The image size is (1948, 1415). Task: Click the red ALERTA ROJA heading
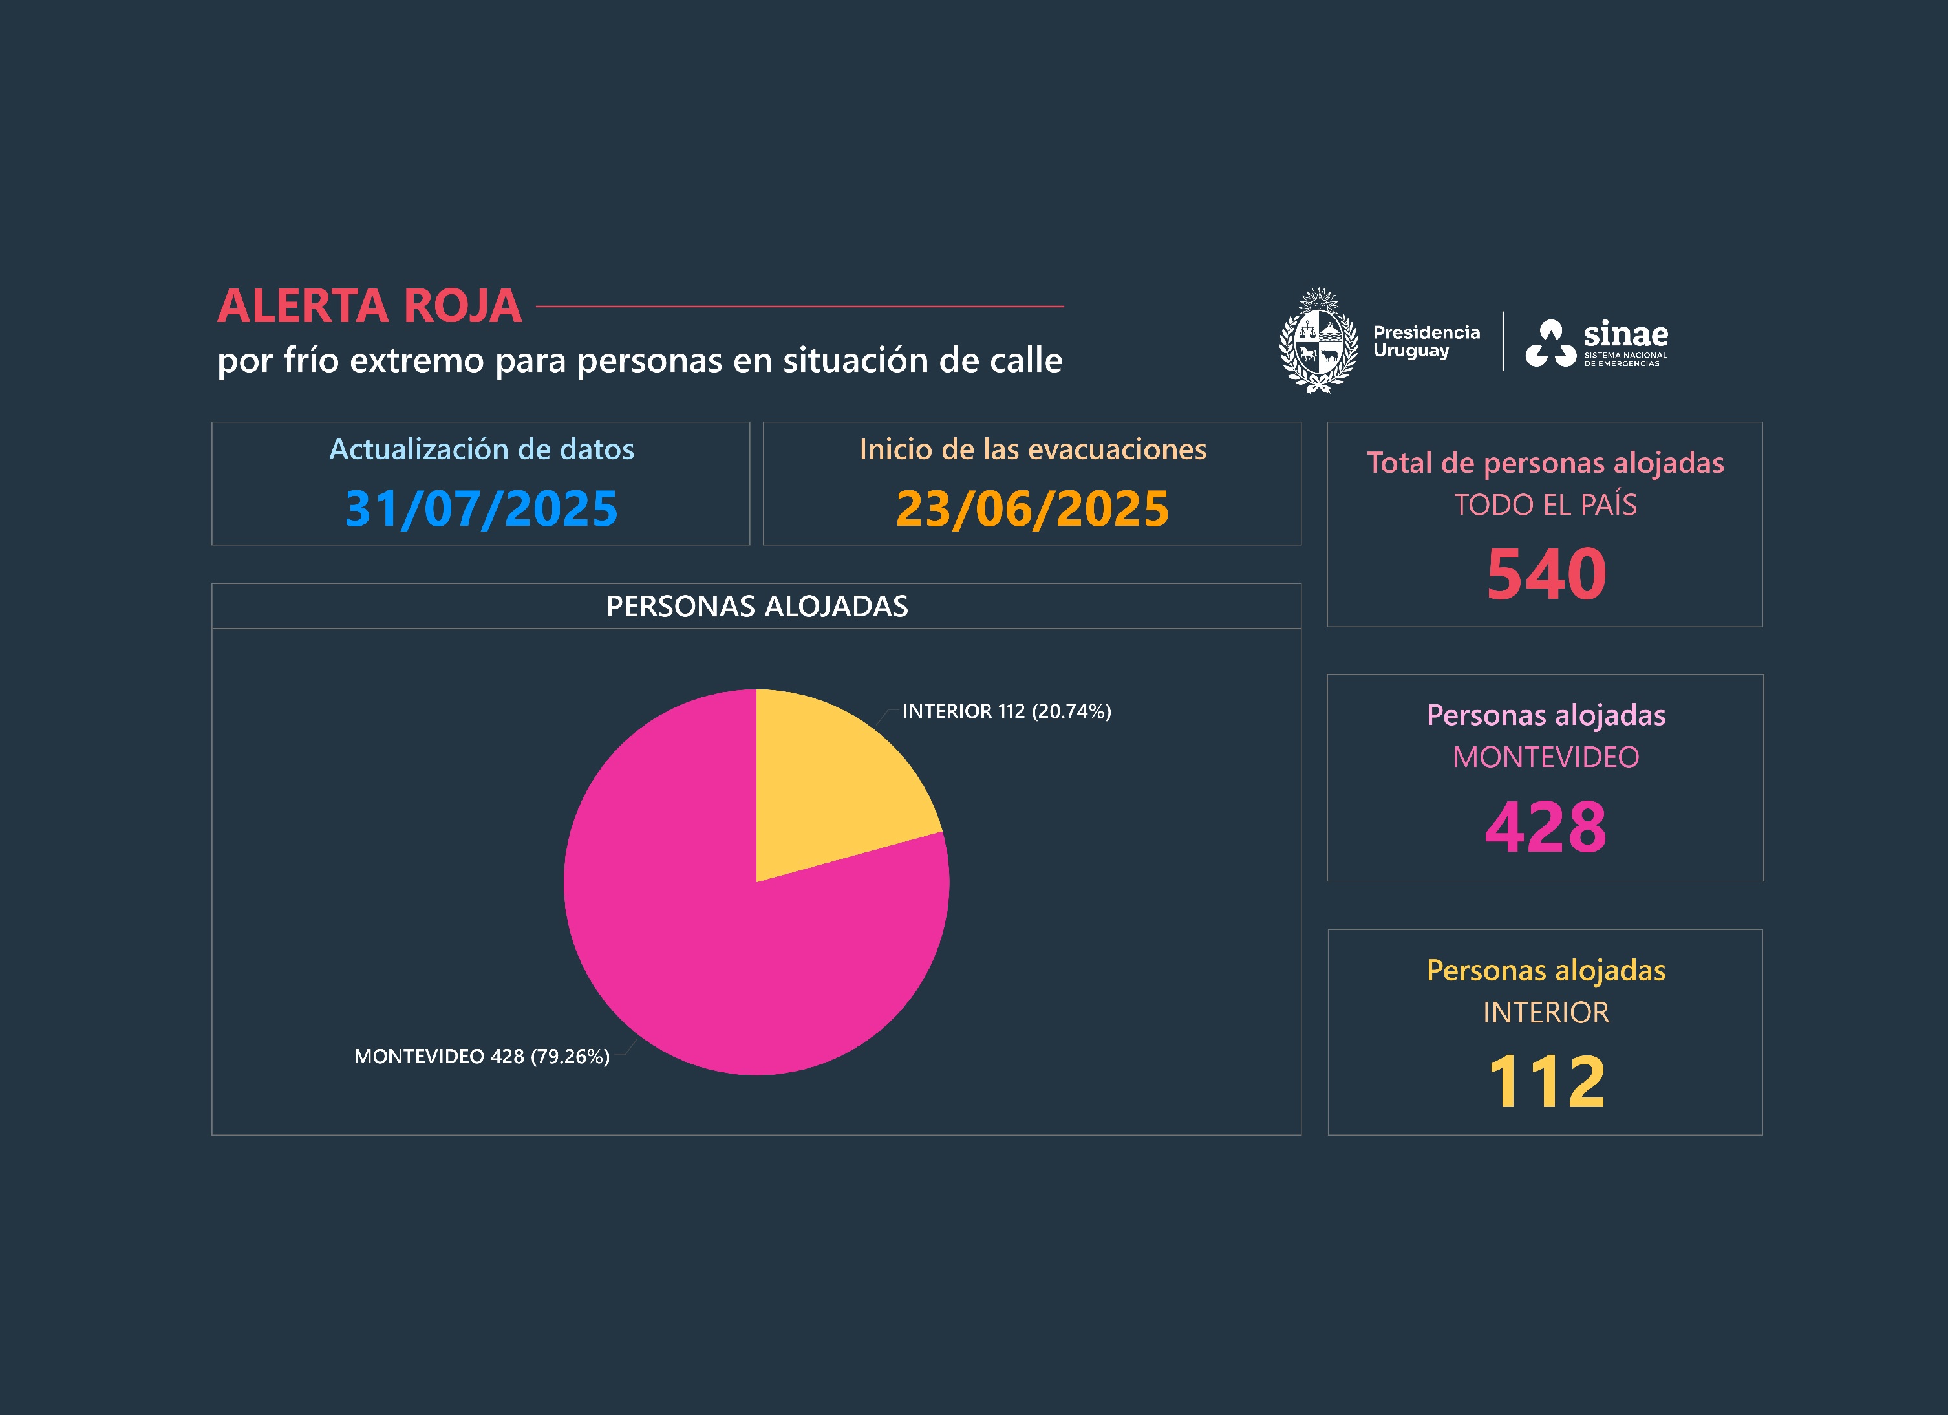point(369,306)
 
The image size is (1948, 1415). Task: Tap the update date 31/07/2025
point(481,508)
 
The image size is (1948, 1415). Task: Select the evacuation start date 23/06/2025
point(1032,508)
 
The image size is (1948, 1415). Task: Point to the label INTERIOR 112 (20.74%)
point(1006,711)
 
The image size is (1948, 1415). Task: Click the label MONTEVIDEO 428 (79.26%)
point(482,1057)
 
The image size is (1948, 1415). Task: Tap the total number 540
point(1546,574)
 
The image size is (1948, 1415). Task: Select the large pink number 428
point(1546,827)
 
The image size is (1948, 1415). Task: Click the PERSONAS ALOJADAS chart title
point(756,607)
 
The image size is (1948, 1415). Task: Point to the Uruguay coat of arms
point(1318,341)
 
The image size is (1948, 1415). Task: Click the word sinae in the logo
point(1626,333)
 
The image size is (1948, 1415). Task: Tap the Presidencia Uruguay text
point(1426,341)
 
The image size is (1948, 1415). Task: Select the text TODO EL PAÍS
point(1545,505)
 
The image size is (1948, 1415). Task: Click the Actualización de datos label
point(481,449)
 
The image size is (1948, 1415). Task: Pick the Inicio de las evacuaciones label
point(1033,449)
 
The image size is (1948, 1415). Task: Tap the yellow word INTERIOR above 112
point(1546,1013)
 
